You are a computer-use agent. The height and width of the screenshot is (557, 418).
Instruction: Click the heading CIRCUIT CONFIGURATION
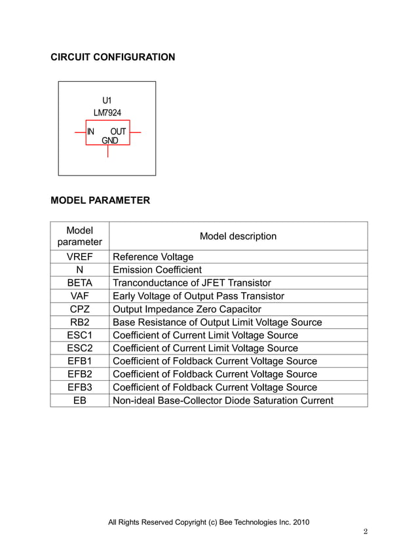[x=113, y=57]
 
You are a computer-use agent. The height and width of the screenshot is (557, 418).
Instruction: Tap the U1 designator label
[x=107, y=100]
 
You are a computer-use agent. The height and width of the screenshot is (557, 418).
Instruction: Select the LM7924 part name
[x=107, y=113]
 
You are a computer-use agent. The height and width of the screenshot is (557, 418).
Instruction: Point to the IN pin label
[x=91, y=132]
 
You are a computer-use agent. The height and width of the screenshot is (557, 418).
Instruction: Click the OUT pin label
[x=118, y=132]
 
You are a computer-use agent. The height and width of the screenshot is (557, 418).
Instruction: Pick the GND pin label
[x=109, y=140]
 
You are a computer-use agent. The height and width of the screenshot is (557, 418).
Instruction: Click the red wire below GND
[x=107, y=151]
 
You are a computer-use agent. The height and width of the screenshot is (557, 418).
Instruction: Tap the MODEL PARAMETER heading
[x=100, y=200]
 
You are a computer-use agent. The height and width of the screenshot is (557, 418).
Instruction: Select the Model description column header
[x=238, y=237]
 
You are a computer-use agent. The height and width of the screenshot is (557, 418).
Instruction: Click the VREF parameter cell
[x=79, y=257]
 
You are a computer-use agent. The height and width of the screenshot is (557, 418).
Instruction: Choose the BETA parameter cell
[x=79, y=283]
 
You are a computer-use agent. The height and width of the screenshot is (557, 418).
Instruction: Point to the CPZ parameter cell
[x=79, y=309]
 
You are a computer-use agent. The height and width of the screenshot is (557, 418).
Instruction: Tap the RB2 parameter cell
[x=79, y=322]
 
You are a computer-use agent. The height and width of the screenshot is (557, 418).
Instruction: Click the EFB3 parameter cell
[x=79, y=387]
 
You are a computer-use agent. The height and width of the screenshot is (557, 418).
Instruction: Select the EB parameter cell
[x=79, y=400]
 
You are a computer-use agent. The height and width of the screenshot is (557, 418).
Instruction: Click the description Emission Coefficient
[x=157, y=270]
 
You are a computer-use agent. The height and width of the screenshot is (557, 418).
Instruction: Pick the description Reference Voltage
[x=153, y=257]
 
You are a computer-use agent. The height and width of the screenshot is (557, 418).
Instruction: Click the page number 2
[x=366, y=531]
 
